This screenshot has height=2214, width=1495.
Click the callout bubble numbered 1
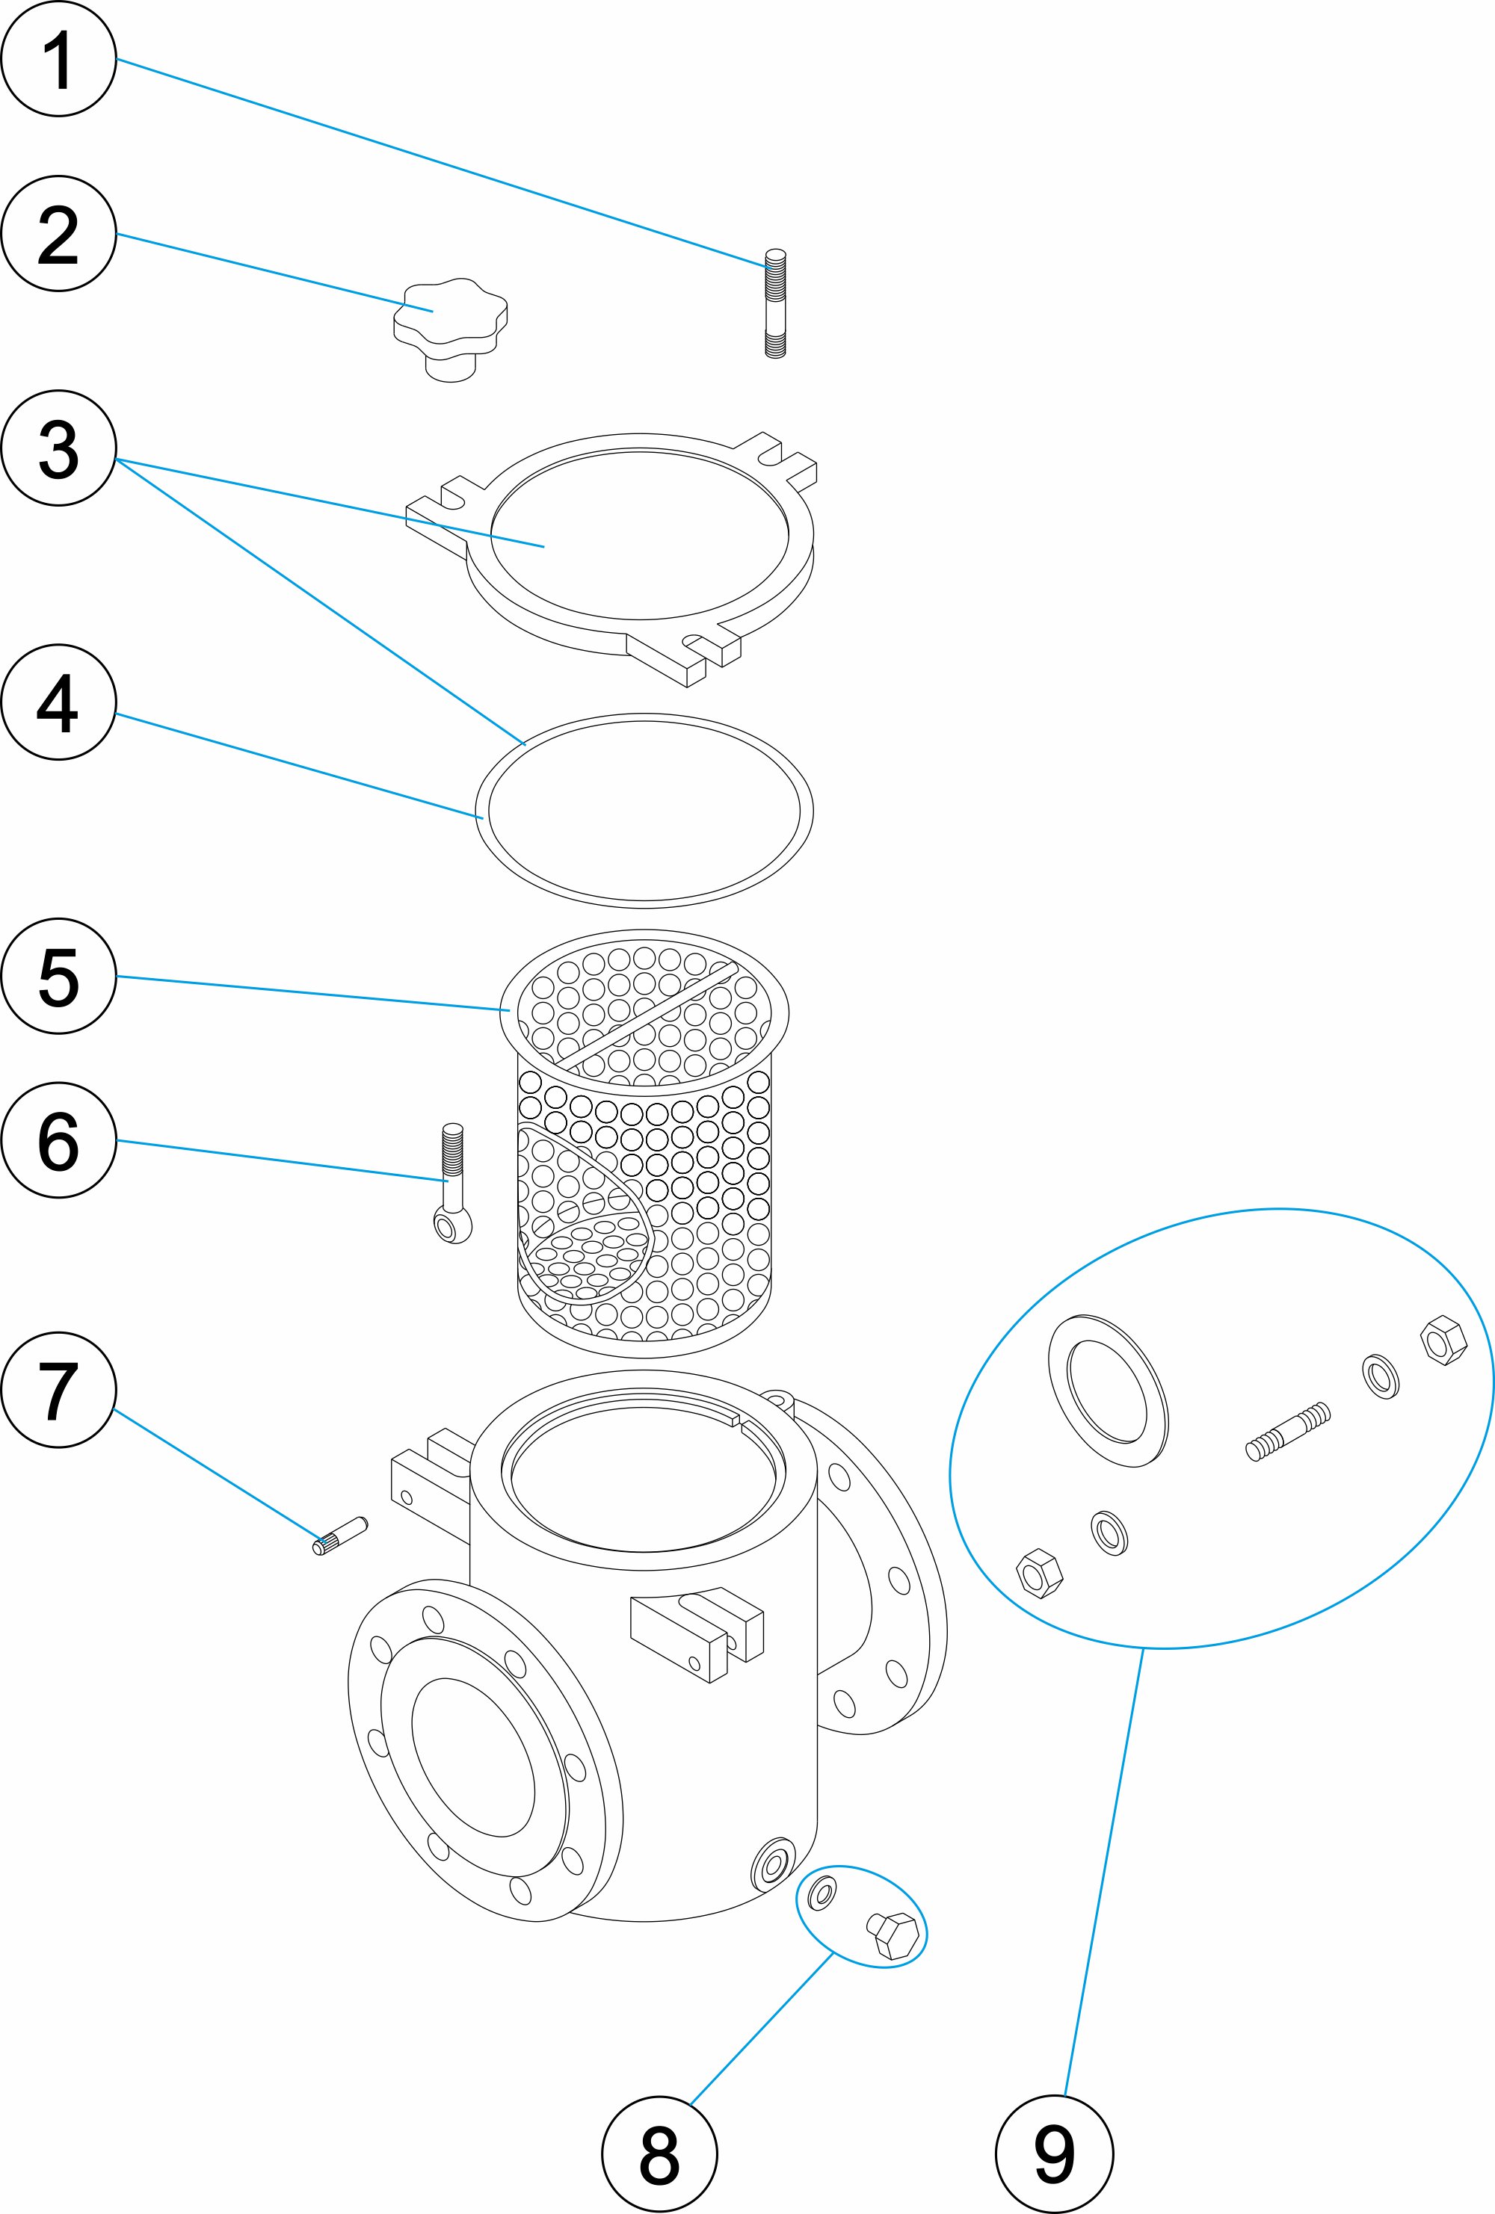click(x=58, y=59)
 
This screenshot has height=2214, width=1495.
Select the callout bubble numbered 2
click(x=58, y=233)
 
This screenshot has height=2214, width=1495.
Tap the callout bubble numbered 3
click(x=58, y=448)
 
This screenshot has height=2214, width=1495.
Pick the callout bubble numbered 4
click(x=58, y=702)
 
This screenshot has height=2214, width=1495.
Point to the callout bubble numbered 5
click(x=58, y=976)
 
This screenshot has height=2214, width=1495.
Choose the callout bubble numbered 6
click(x=58, y=1140)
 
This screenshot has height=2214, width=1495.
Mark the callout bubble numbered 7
click(x=58, y=1390)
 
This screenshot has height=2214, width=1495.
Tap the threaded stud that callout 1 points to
click(x=776, y=303)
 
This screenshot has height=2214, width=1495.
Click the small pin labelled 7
click(x=340, y=1535)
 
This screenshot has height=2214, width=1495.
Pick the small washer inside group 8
click(x=822, y=1891)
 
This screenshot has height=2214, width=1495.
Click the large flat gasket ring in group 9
click(x=1108, y=1390)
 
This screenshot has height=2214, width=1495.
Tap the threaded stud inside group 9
click(x=1287, y=1431)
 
